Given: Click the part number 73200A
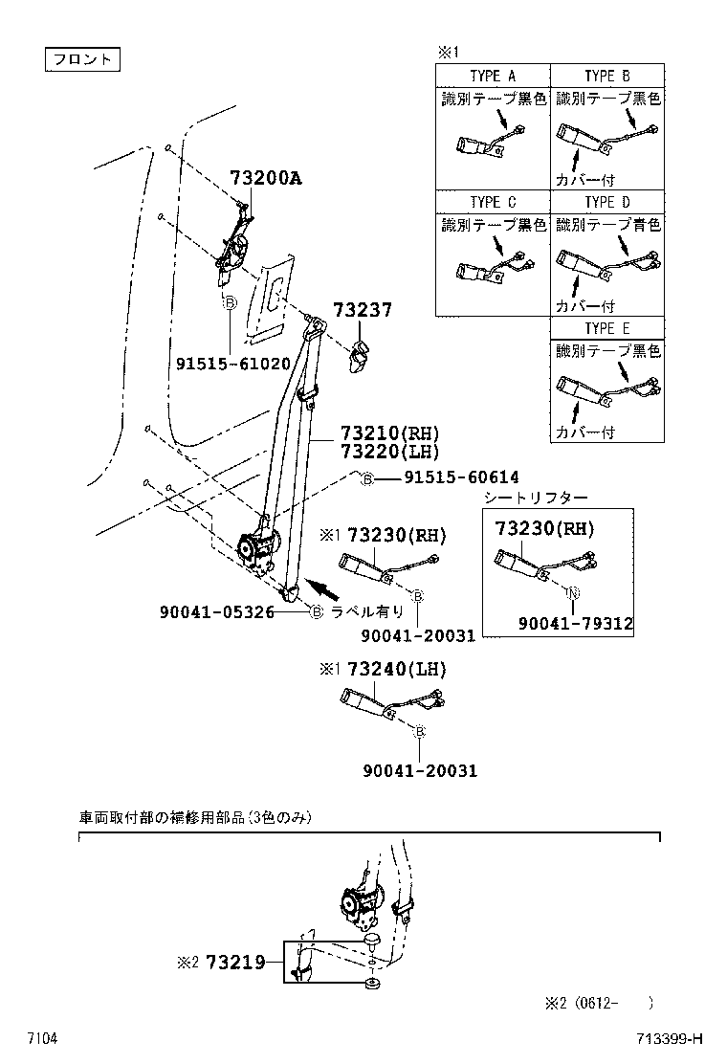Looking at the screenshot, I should pyautogui.click(x=265, y=178).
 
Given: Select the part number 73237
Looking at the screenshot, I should pyautogui.click(x=363, y=310).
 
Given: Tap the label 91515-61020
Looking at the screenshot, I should pyautogui.click(x=232, y=364).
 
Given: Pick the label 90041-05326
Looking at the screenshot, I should pyautogui.click(x=217, y=611).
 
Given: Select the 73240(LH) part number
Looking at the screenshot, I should pyautogui.click(x=396, y=668).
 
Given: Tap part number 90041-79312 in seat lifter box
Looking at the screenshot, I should pyautogui.click(x=576, y=623).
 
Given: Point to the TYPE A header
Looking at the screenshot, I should pyautogui.click(x=493, y=77).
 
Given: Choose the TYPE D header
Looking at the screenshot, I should pyautogui.click(x=607, y=202).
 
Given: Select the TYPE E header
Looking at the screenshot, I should pyautogui.click(x=607, y=328).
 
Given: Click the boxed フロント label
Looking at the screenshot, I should pyautogui.click(x=82, y=59).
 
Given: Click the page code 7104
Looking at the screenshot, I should pyautogui.click(x=42, y=1038).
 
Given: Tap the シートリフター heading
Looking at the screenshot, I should pyautogui.click(x=536, y=498).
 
